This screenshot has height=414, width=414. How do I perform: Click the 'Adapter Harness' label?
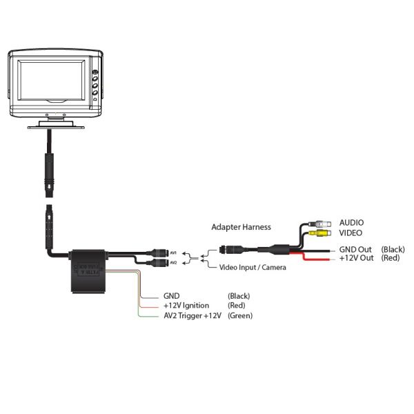coord(241,226)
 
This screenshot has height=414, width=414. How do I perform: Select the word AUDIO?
coord(351,223)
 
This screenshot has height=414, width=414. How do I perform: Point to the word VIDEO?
coord(351,233)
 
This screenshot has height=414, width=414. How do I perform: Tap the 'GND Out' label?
coord(355,249)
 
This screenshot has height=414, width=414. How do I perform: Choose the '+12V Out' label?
coord(357,258)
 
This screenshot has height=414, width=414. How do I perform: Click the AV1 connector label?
coord(174,251)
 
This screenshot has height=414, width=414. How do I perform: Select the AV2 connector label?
coord(174,262)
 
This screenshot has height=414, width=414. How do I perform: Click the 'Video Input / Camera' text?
coord(253,267)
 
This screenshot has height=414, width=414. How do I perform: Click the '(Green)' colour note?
coord(240,315)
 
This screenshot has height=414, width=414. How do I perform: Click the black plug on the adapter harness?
coord(230,249)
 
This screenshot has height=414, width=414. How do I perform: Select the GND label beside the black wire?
coord(172,296)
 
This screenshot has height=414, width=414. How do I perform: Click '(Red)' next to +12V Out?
coord(391,258)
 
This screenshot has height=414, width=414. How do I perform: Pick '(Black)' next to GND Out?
coord(393,249)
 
